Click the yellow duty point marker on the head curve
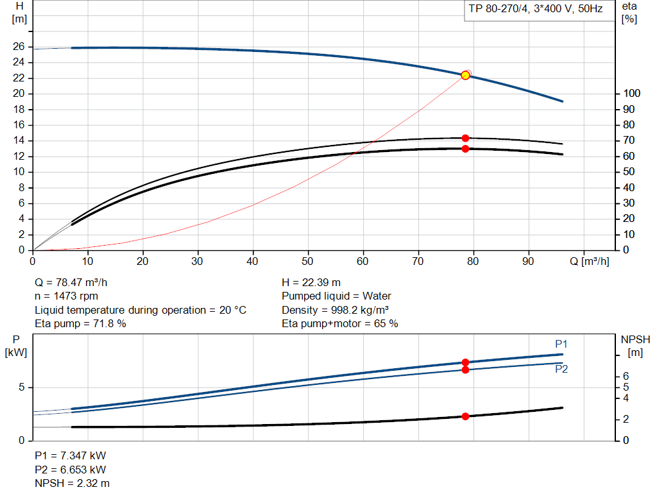tap(465, 75)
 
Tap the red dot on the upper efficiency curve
tap(465, 138)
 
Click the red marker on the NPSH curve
tap(465, 416)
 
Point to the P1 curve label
tap(561, 344)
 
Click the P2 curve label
tap(561, 369)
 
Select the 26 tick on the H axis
tap(19, 47)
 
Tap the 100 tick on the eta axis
tap(631, 94)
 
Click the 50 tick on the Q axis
tap(309, 262)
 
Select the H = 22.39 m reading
tap(311, 282)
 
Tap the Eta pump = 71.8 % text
tap(80, 324)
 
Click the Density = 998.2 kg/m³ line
tap(335, 310)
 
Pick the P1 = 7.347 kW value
tap(71, 455)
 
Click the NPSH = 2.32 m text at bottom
tap(72, 483)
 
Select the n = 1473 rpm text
tap(66, 296)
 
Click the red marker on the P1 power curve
tap(465, 362)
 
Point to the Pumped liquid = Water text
tap(336, 296)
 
